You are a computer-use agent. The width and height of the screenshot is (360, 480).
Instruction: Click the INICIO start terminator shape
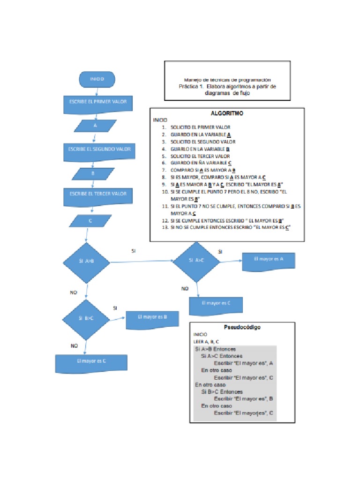click(x=97, y=79)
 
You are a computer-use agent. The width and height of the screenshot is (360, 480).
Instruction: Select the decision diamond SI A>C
click(x=196, y=261)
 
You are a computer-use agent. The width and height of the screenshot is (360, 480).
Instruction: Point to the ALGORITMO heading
click(x=227, y=113)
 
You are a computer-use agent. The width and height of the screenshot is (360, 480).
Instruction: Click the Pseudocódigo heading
click(x=242, y=327)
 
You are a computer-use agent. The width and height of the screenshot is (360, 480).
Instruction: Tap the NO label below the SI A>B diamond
click(x=74, y=292)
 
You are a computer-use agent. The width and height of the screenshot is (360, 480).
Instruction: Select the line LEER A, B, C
click(x=206, y=342)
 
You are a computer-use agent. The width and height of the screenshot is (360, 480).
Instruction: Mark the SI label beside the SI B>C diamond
click(x=115, y=307)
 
